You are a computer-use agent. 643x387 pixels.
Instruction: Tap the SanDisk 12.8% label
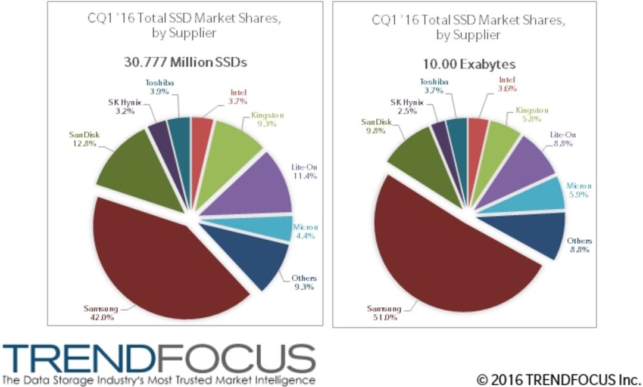[x=84, y=139]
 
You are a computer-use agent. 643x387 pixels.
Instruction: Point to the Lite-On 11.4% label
[x=304, y=171]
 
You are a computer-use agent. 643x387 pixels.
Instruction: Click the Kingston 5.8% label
[x=532, y=114]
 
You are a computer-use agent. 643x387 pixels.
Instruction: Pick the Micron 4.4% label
[x=305, y=231]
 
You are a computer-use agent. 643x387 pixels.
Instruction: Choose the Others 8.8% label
[x=579, y=245]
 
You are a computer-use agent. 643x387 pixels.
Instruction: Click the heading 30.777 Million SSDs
[x=185, y=62]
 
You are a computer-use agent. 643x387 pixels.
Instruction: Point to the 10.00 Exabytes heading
[x=469, y=64]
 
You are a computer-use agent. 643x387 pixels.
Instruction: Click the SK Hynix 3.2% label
[x=124, y=106]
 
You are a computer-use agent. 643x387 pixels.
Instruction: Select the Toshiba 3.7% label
[x=433, y=86]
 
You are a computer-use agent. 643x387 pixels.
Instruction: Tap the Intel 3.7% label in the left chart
[x=238, y=97]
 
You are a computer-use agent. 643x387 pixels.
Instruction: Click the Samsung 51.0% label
[x=384, y=312]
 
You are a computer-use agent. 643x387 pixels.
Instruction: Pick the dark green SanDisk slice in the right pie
[x=426, y=165]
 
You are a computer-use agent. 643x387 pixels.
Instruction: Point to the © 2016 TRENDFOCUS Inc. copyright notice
[x=558, y=379]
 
